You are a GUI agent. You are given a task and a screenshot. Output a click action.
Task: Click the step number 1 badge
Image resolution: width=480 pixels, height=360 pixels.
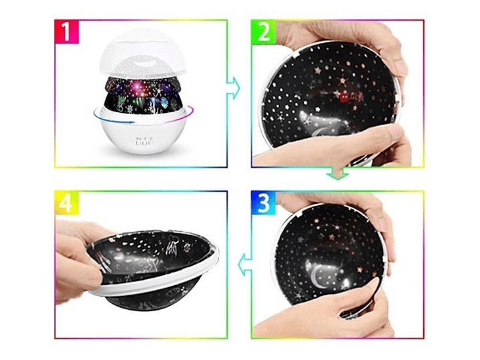pyautogui.click(x=67, y=31)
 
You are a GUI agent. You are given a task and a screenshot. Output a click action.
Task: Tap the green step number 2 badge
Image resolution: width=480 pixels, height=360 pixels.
pyautogui.click(x=264, y=31)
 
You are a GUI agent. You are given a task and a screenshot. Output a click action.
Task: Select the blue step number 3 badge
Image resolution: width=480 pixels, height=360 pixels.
pyautogui.click(x=264, y=202)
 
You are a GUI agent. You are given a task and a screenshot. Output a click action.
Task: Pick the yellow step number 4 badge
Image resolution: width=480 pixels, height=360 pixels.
pyautogui.click(x=67, y=202)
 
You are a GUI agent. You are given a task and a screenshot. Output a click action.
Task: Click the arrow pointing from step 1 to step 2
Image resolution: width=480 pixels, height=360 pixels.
pyautogui.click(x=234, y=88)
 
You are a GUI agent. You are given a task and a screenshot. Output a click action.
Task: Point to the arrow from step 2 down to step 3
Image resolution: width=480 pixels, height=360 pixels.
pyautogui.click(x=337, y=174)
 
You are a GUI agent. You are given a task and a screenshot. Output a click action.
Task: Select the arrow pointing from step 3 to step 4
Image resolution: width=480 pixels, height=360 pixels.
pyautogui.click(x=245, y=264)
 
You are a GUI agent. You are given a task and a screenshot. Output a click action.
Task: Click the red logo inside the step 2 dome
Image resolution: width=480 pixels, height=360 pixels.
pyautogui.click(x=350, y=96)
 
